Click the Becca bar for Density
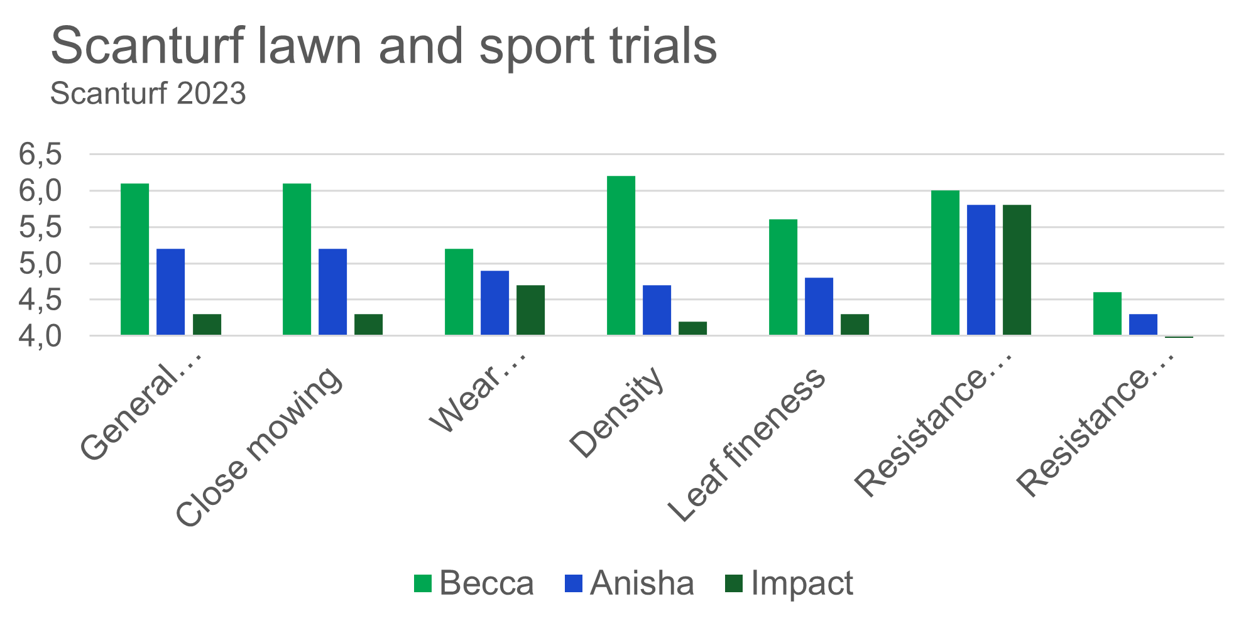621,256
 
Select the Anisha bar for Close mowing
332,292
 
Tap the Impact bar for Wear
530,310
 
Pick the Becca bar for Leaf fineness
783,277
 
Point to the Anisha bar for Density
657,310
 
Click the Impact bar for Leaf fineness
855,325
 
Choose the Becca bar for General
134,259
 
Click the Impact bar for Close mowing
368,325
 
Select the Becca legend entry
474,583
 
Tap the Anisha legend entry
630,583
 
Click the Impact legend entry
789,583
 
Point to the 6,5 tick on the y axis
41,154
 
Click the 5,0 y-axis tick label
41,264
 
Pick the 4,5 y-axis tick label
41,300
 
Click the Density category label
616,411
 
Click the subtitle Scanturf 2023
148,94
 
